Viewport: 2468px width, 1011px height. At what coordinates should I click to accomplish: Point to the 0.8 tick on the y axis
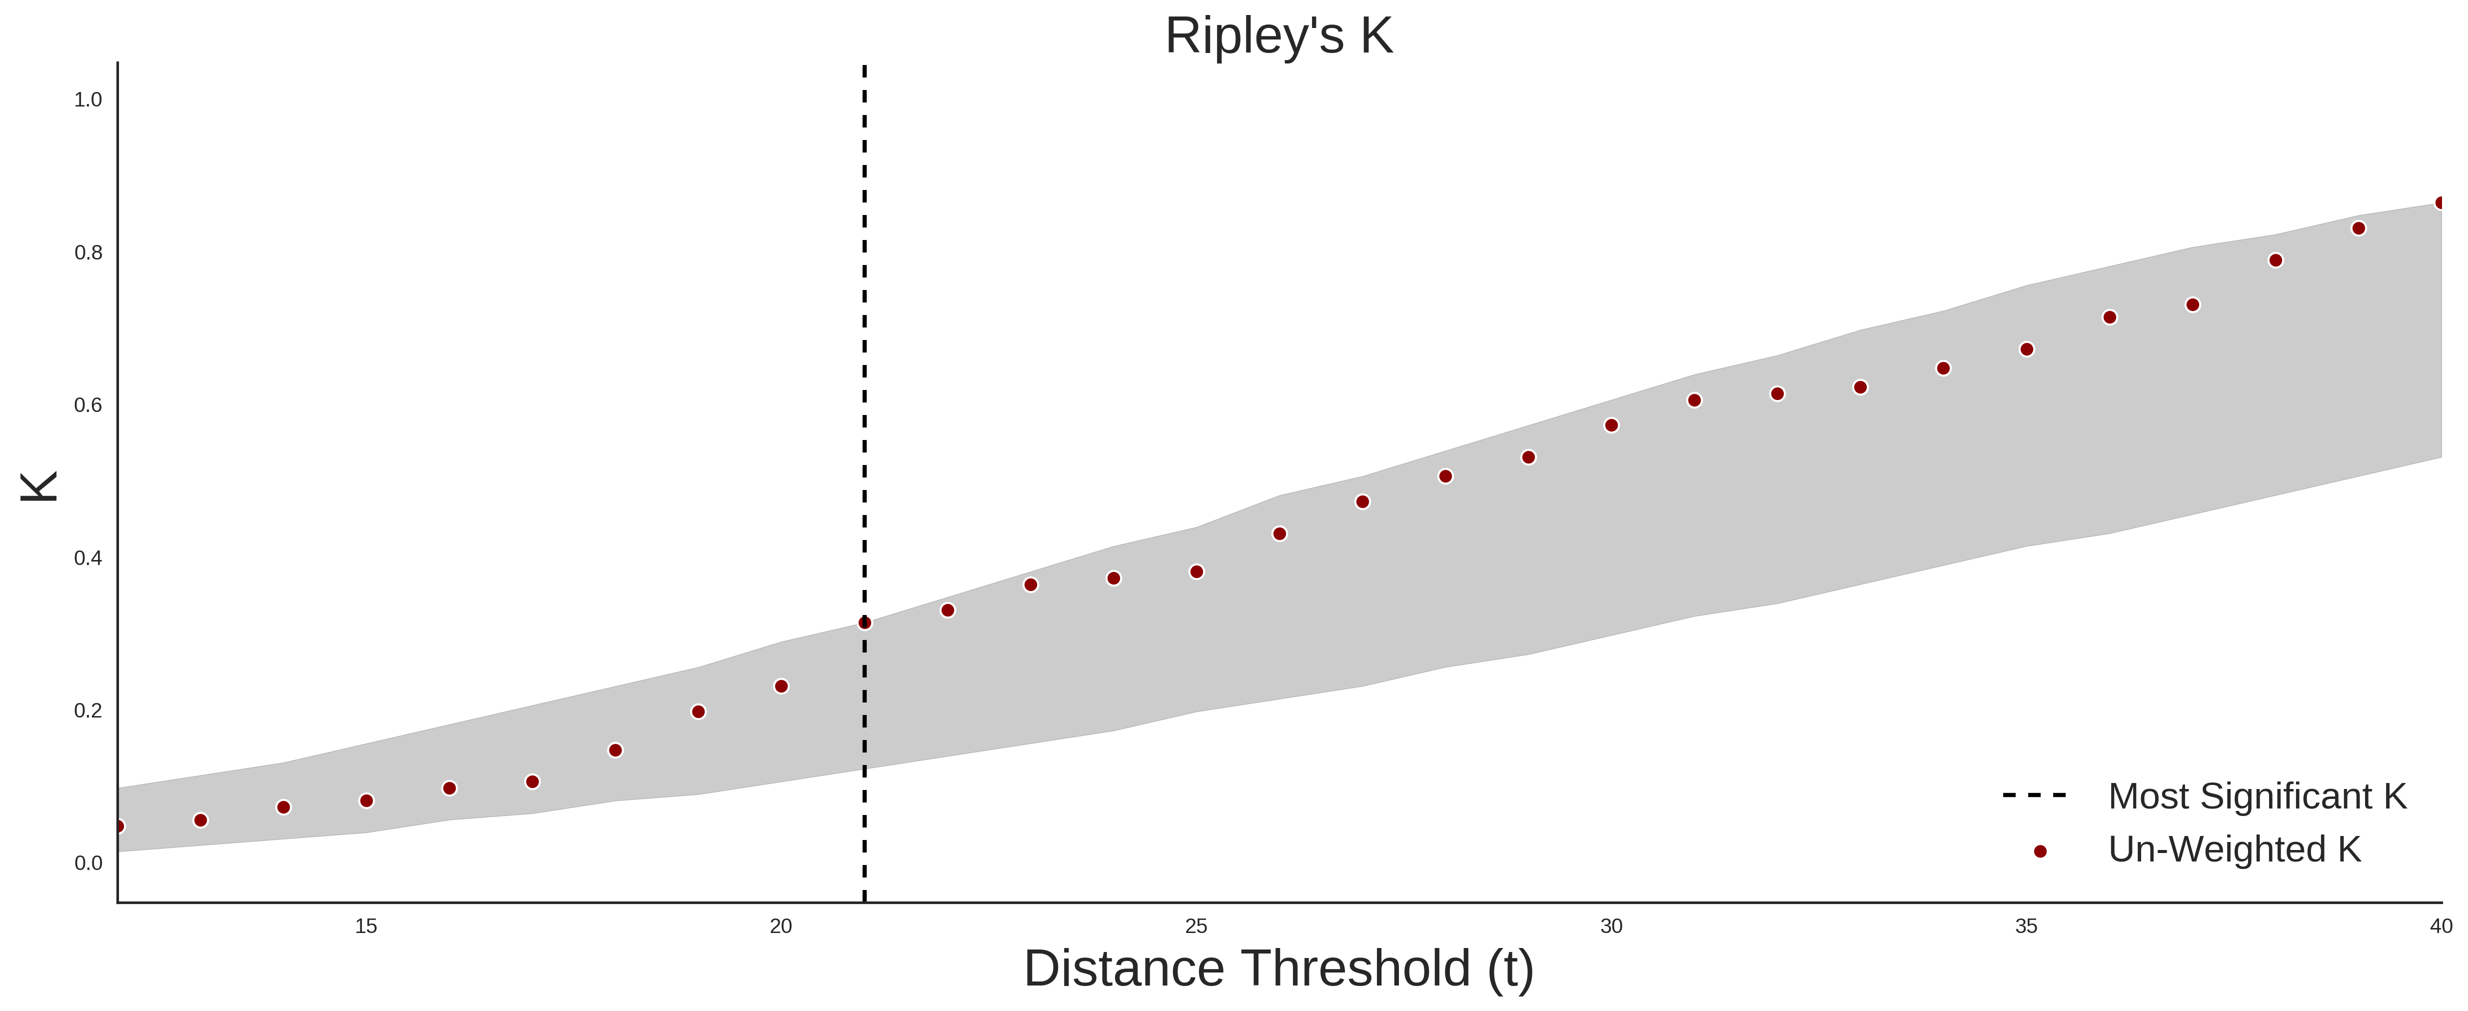pyautogui.click(x=88, y=253)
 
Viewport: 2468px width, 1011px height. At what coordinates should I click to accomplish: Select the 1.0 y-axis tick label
pyautogui.click(x=88, y=99)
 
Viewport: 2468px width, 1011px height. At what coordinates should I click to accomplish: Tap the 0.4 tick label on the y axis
pyautogui.click(x=88, y=557)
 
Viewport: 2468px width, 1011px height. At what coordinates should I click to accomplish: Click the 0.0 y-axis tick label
pyautogui.click(x=88, y=863)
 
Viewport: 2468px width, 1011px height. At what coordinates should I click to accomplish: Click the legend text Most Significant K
pyautogui.click(x=2257, y=796)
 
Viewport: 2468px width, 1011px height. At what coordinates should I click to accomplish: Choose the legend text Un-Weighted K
pyautogui.click(x=2234, y=849)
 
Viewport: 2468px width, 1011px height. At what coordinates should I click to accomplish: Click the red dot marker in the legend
pyautogui.click(x=2040, y=851)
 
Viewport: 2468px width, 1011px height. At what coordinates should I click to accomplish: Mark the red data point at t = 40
pyautogui.click(x=2441, y=203)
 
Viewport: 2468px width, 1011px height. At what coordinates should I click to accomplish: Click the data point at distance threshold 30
pyautogui.click(x=1611, y=425)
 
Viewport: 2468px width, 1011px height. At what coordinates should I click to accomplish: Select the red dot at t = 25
pyautogui.click(x=1197, y=572)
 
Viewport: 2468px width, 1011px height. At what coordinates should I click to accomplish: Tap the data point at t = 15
pyautogui.click(x=366, y=801)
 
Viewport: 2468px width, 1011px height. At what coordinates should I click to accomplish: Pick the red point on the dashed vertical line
pyautogui.click(x=864, y=623)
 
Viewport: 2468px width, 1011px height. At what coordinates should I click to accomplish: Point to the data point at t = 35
pyautogui.click(x=2026, y=350)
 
